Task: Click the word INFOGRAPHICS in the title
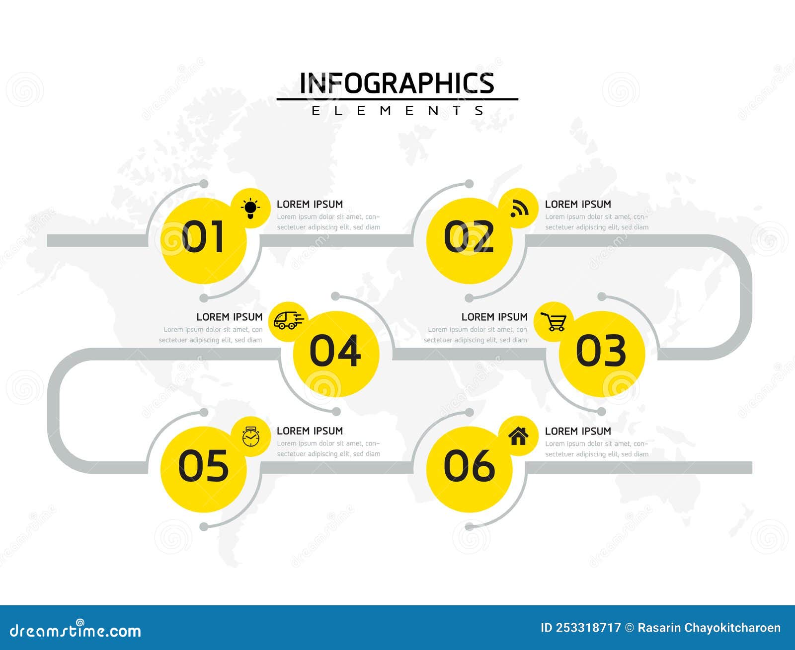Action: pyautogui.click(x=397, y=83)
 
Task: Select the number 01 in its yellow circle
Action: pyautogui.click(x=203, y=237)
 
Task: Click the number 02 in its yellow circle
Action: pyautogui.click(x=469, y=237)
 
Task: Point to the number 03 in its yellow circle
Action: pyautogui.click(x=601, y=352)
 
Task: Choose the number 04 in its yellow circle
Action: pyautogui.click(x=335, y=352)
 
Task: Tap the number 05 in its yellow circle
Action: pyautogui.click(x=203, y=466)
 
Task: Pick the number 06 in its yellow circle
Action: pyautogui.click(x=469, y=466)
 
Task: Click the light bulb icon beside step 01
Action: pyautogui.click(x=250, y=209)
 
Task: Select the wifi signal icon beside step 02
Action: pyautogui.click(x=519, y=209)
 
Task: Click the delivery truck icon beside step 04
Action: pyautogui.click(x=288, y=320)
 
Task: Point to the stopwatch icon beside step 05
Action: pyautogui.click(x=250, y=436)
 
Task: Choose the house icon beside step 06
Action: pyautogui.click(x=518, y=436)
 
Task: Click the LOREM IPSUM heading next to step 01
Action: pyautogui.click(x=310, y=204)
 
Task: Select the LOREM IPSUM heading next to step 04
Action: pyautogui.click(x=229, y=317)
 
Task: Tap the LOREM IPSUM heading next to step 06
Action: pyautogui.click(x=578, y=431)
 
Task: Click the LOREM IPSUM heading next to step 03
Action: pyautogui.click(x=494, y=317)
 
